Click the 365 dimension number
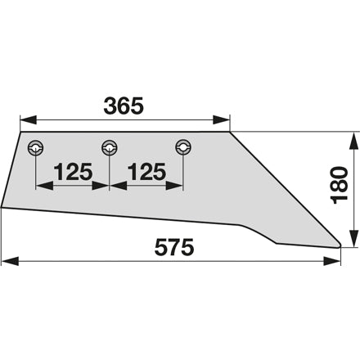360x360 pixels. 124,106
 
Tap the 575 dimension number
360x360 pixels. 174,247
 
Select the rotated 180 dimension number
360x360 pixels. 340,185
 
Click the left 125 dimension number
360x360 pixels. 73,172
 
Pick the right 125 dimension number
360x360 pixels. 146,172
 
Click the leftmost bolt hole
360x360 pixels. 36,148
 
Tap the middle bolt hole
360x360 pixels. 110,147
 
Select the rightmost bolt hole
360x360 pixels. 183,147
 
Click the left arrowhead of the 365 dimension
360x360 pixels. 29,119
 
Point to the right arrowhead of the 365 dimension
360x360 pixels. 222,119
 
